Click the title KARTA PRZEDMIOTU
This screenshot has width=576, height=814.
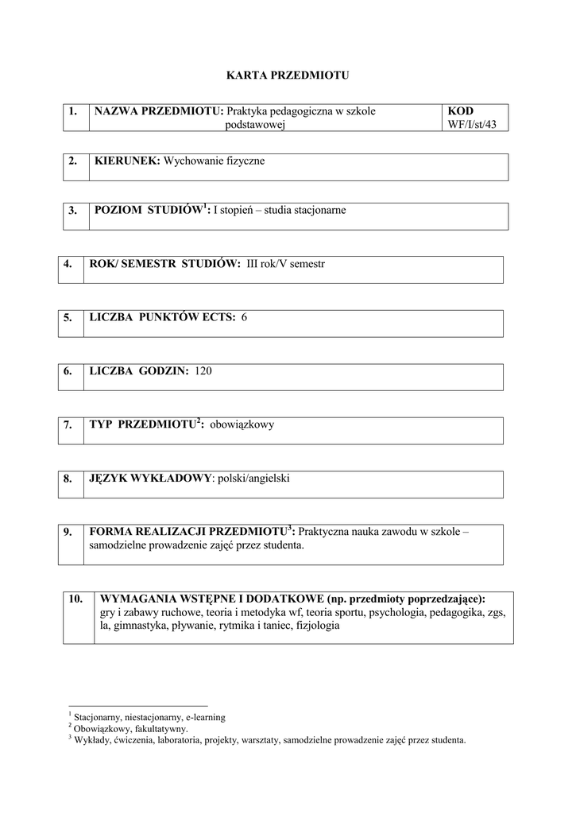288,76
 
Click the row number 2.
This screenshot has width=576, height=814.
72,161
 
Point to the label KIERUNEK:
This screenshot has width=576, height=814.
127,161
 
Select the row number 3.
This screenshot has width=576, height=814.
72,211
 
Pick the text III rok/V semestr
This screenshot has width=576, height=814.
286,263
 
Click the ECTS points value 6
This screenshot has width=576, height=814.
244,317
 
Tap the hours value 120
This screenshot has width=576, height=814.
203,370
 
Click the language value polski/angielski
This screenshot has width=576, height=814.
255,479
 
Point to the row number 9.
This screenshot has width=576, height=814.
68,532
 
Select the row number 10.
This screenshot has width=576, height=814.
75,599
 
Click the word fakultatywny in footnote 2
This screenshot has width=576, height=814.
162,728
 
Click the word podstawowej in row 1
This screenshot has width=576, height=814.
255,124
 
